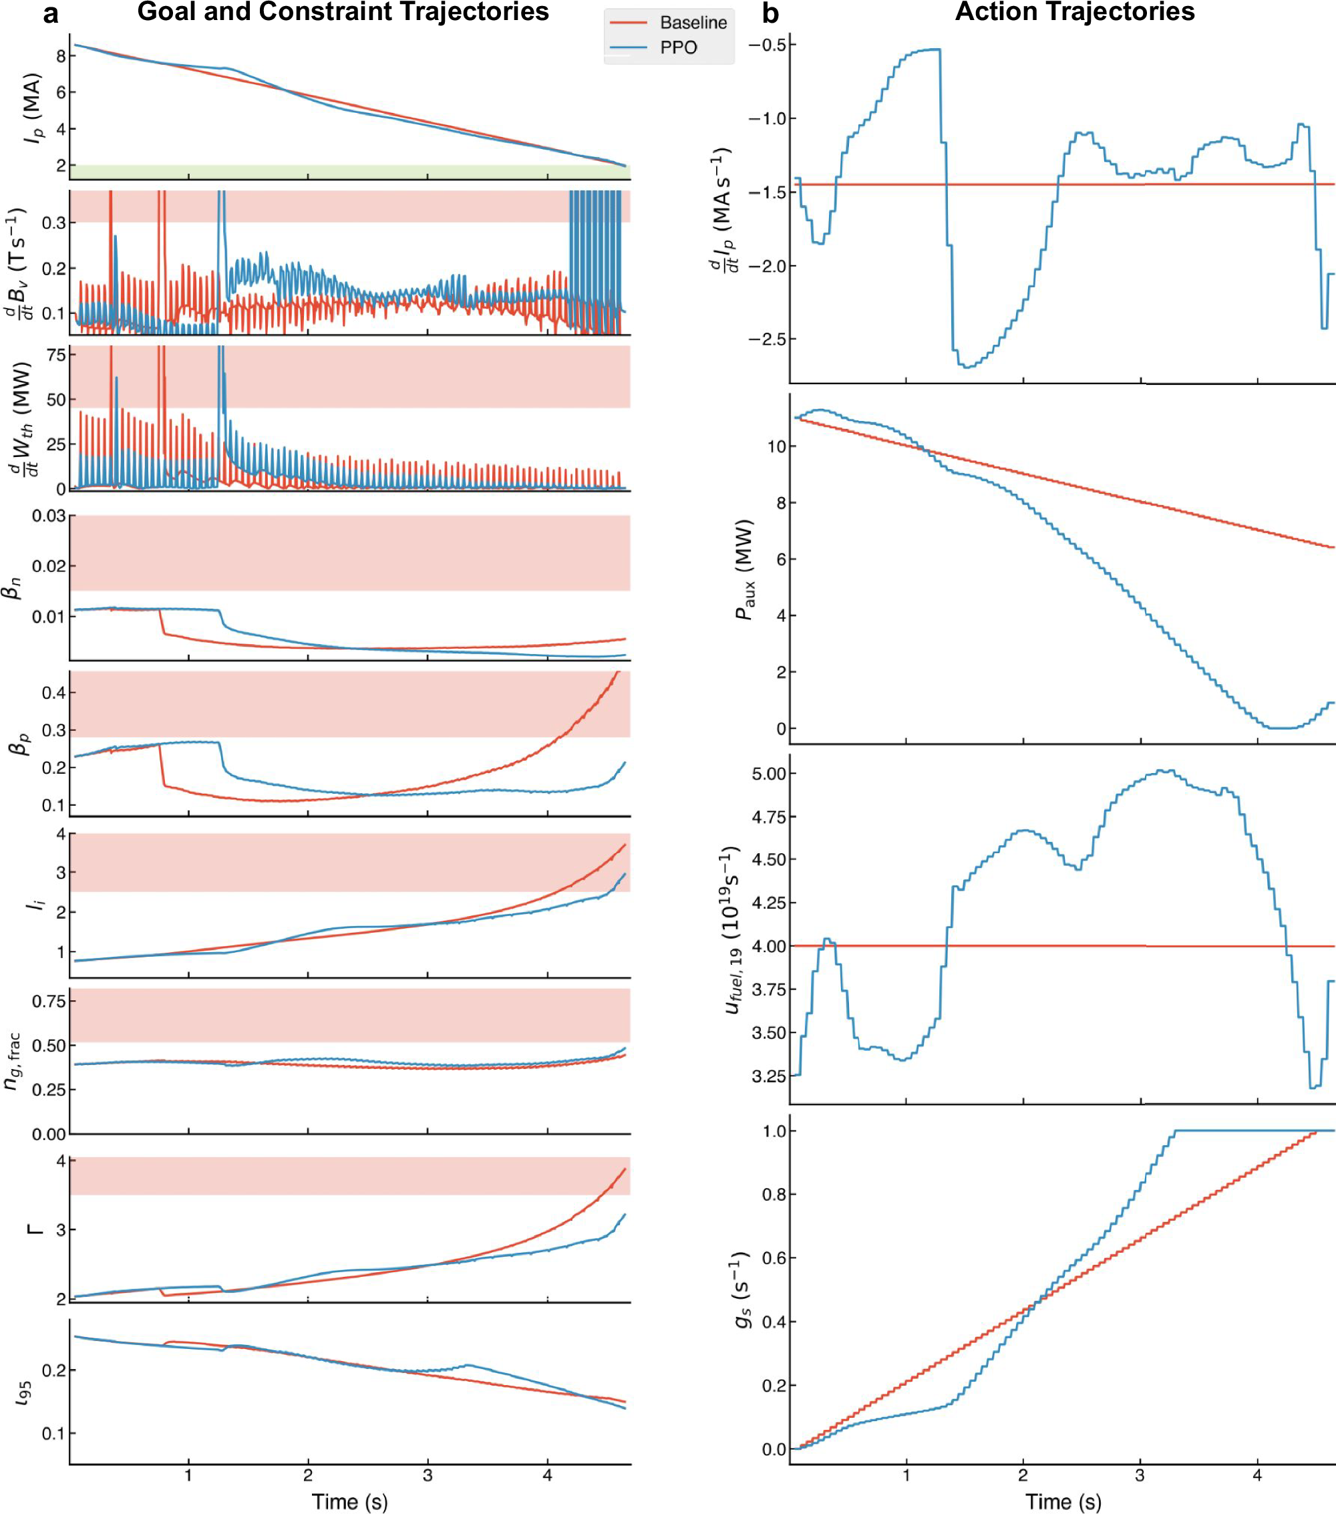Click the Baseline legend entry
tap(693, 23)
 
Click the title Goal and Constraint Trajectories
tap(343, 12)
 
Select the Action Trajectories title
tap(1075, 12)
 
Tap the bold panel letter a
tap(50, 13)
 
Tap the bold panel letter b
tap(770, 13)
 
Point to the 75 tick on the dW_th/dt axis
tap(56, 355)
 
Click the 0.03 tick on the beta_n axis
tap(48, 516)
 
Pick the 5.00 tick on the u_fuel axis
tap(769, 774)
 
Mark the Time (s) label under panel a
tap(349, 1501)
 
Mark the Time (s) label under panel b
tap(1063, 1501)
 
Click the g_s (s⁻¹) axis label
tap(743, 1290)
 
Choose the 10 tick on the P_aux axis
tap(776, 446)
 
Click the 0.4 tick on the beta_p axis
tap(55, 694)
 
